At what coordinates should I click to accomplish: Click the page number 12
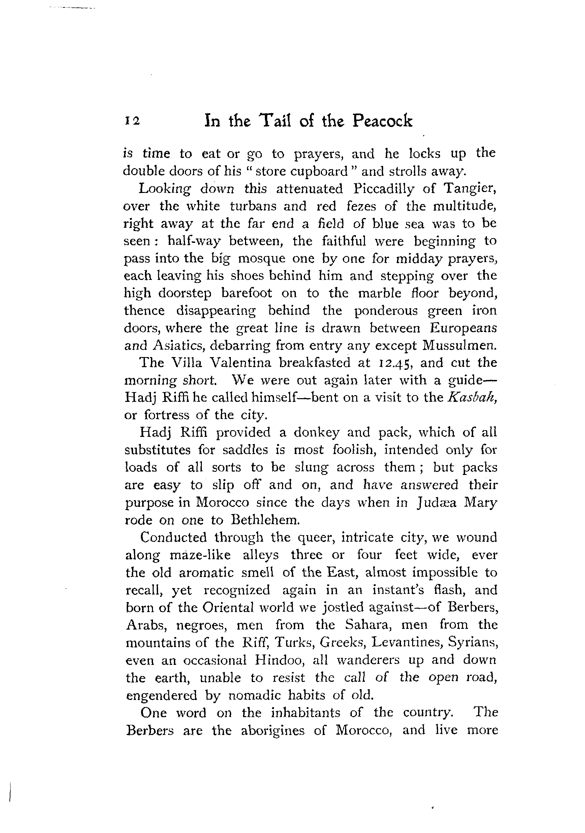132,121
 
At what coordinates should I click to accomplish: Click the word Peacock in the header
382,121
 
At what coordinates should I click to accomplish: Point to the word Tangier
470,189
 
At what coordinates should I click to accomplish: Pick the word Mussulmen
459,345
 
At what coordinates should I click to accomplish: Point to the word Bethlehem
265,520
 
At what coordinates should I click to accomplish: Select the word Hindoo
279,660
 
